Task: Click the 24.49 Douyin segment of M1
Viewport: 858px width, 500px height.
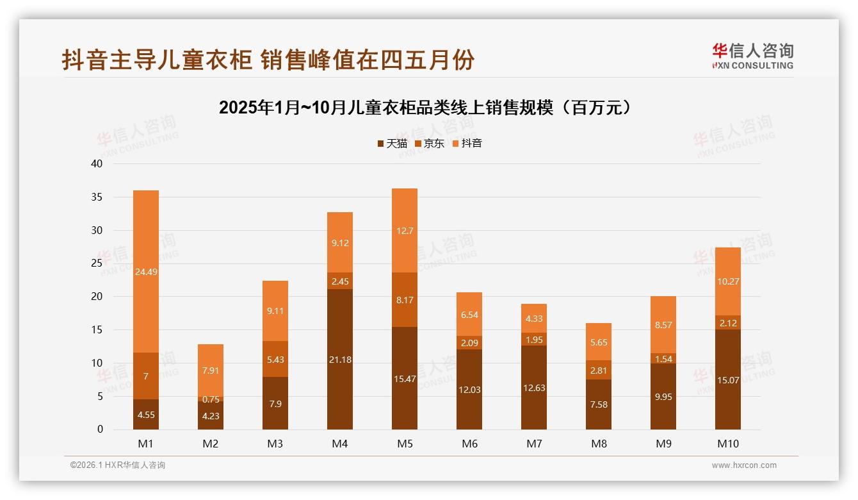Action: point(146,271)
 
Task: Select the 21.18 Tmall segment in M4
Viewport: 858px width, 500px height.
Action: point(339,360)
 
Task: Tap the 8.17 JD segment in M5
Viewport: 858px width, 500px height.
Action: point(404,299)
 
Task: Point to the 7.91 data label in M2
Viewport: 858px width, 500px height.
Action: point(211,371)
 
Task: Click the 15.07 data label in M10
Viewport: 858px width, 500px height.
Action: point(727,380)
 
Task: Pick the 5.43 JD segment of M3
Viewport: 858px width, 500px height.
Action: point(275,359)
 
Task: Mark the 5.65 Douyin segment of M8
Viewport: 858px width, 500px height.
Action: point(598,342)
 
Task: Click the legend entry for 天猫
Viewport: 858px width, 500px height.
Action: point(392,144)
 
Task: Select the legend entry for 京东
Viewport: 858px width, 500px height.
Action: point(430,144)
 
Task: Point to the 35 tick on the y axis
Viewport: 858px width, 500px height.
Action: point(97,197)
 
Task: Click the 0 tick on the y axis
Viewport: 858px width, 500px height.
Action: point(100,429)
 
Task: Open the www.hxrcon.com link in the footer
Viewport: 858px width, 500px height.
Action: point(743,465)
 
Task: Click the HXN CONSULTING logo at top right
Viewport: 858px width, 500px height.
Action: point(752,56)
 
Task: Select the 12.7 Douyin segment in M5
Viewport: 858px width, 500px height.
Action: point(404,231)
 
